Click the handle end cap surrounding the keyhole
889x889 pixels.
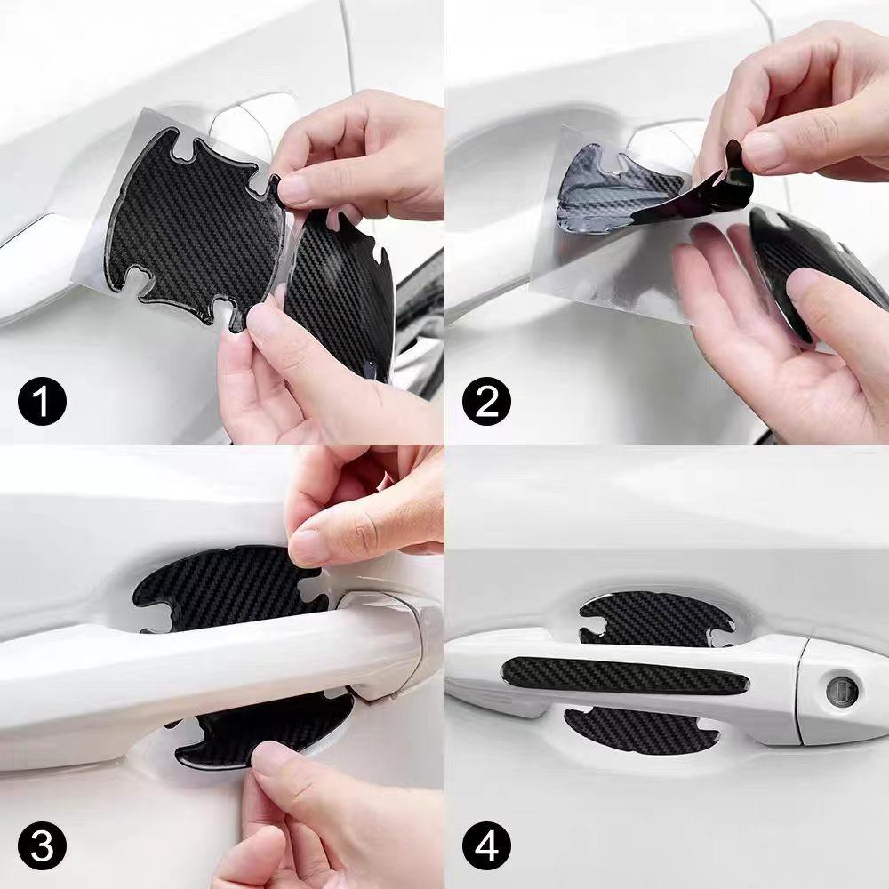point(840,689)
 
